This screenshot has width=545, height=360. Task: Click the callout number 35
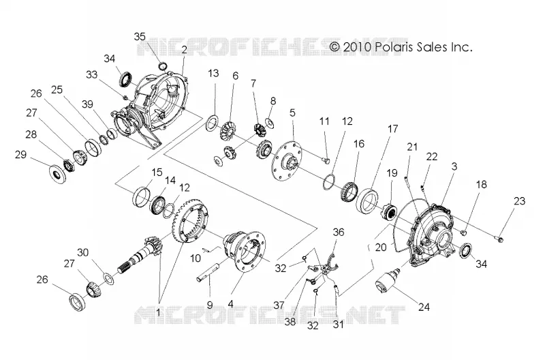tap(140, 37)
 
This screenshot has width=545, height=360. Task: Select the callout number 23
tap(519, 201)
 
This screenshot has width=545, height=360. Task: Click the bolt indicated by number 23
tap(499, 239)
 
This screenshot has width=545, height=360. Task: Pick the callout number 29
tap(20, 154)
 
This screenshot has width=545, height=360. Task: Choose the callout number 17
tap(393, 129)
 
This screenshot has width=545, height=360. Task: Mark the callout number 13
tap(214, 74)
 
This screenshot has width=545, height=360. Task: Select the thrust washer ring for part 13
tap(212, 123)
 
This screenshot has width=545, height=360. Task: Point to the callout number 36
tap(338, 232)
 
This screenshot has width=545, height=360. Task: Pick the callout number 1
tap(158, 313)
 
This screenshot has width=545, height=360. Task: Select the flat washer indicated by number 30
tap(109, 278)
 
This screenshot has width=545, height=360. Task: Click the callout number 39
tap(88, 104)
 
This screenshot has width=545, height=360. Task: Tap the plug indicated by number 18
tap(463, 232)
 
